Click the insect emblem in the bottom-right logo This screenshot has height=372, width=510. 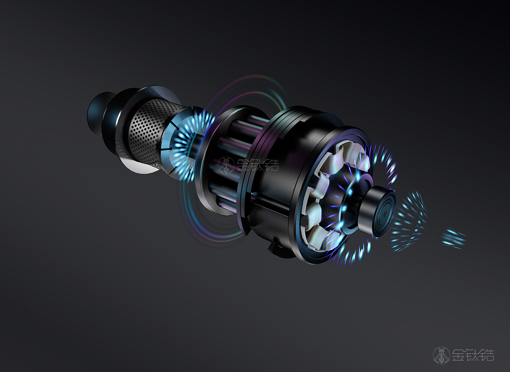point(441,355)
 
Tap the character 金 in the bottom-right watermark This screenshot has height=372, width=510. point(459,355)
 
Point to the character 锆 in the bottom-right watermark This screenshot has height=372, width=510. point(487,355)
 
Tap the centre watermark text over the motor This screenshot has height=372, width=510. point(258,164)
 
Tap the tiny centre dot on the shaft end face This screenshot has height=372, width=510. point(385,214)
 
